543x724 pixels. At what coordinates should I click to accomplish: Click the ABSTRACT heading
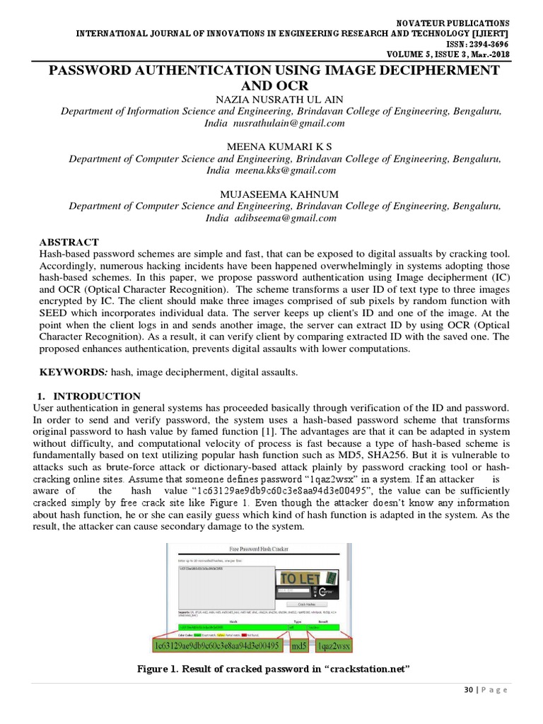click(69, 242)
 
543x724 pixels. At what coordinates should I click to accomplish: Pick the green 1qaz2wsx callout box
click(333, 646)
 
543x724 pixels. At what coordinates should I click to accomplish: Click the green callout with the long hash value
click(216, 646)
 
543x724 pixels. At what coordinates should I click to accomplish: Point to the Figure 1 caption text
click(274, 669)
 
